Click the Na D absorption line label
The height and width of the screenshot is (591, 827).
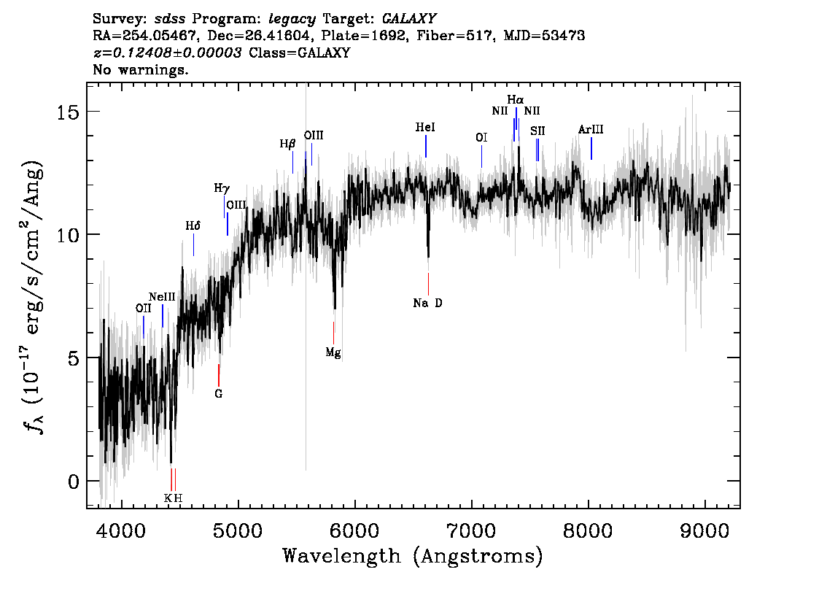pyautogui.click(x=428, y=303)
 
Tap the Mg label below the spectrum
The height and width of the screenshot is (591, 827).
pyautogui.click(x=333, y=352)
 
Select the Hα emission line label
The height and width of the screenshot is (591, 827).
pyautogui.click(x=516, y=99)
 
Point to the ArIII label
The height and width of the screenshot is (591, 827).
pyautogui.click(x=591, y=129)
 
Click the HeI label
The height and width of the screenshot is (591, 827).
pyautogui.click(x=425, y=127)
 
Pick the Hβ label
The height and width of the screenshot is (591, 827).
pyautogui.click(x=287, y=144)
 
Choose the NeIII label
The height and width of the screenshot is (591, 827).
pyautogui.click(x=162, y=297)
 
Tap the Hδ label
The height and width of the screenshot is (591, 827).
pyautogui.click(x=193, y=226)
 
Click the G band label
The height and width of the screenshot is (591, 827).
pyautogui.click(x=218, y=394)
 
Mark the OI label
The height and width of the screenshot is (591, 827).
pyautogui.click(x=481, y=138)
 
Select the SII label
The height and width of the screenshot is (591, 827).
pyautogui.click(x=537, y=131)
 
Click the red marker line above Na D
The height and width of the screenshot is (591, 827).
pyautogui.click(x=428, y=284)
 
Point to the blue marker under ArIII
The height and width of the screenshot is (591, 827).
pyautogui.click(x=591, y=148)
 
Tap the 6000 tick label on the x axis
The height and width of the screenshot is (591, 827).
pyautogui.click(x=355, y=531)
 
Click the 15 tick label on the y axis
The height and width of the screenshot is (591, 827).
pyautogui.click(x=67, y=112)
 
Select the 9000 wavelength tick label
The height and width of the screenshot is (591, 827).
pyautogui.click(x=704, y=531)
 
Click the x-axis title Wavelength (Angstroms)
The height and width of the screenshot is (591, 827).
pyautogui.click(x=413, y=556)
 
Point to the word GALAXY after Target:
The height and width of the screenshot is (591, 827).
pyautogui.click(x=408, y=19)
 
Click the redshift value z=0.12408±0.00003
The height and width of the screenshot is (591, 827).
pyautogui.click(x=168, y=53)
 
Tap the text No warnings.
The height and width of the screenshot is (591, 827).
pyautogui.click(x=140, y=69)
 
